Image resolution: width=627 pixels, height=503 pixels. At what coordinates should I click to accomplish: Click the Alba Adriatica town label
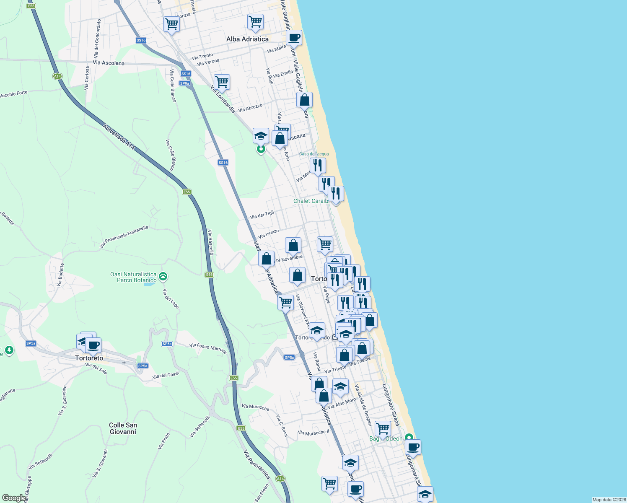247,39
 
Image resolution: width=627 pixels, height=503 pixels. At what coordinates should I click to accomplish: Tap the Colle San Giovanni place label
123,428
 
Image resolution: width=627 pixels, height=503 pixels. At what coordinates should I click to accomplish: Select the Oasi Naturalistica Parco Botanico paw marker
163,277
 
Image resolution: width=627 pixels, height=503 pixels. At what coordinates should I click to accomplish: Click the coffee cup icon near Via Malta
294,38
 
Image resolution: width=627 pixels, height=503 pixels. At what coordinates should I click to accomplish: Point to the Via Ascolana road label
109,63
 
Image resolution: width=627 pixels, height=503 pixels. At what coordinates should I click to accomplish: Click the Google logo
13,498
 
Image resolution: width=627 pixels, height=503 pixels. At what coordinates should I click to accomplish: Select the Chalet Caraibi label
311,201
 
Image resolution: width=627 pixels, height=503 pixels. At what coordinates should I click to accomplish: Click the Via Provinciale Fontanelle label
124,237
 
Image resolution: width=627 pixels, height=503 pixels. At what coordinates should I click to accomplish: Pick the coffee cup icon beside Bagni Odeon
413,447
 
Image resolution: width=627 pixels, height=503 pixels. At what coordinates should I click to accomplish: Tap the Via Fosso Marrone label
208,348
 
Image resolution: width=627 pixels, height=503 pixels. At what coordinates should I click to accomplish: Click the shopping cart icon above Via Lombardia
222,82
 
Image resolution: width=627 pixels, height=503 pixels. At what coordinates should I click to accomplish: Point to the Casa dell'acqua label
314,154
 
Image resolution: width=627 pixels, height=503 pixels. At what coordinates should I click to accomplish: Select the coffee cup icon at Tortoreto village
93,345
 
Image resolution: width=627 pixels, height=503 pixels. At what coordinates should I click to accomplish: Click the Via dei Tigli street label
262,215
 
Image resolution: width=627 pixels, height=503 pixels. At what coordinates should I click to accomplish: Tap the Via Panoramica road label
256,465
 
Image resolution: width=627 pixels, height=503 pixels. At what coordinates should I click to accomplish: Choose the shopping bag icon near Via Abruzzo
304,100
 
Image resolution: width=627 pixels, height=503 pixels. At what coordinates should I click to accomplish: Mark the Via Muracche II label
313,433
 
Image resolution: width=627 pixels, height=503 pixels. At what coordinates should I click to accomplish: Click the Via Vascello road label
210,243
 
